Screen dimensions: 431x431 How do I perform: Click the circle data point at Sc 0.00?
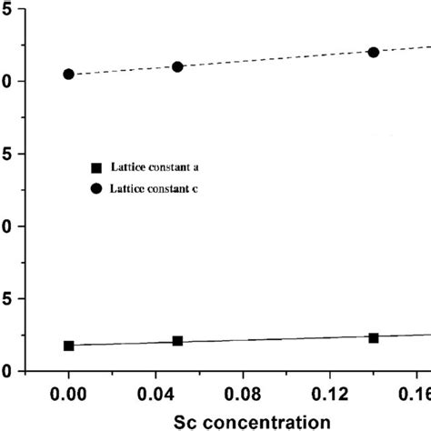68,74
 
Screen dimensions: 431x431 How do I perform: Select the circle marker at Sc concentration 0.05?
177,66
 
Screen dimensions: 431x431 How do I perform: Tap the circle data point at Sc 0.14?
373,52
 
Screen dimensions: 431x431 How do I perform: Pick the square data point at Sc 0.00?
68,346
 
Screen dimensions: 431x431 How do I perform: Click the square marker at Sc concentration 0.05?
177,341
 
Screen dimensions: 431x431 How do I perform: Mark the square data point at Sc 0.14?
373,337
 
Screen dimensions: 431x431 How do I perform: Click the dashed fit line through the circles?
273,59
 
